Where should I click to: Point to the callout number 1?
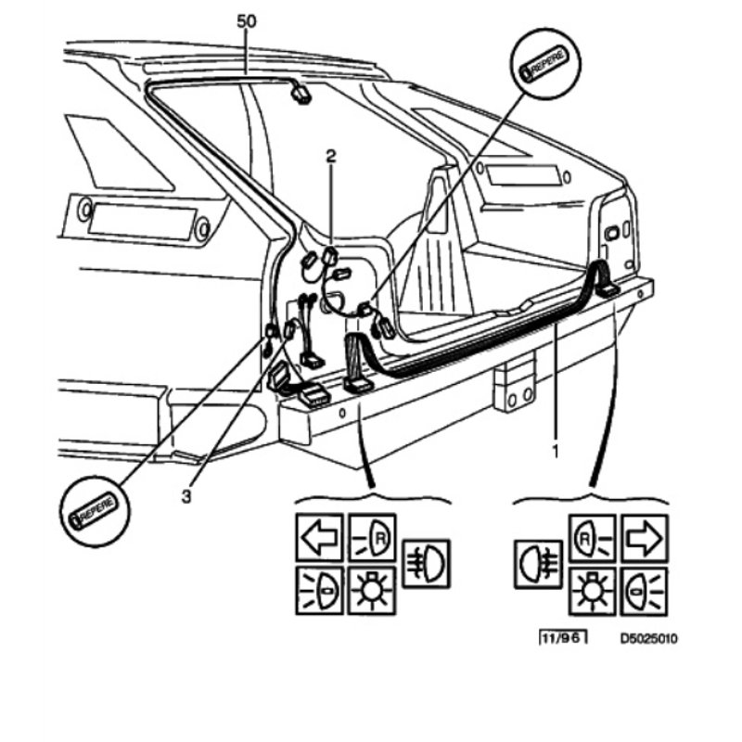pos(556,453)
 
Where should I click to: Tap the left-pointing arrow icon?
pos(319,536)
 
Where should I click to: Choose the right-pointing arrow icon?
pos(644,537)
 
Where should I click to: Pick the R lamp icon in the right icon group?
pos(592,537)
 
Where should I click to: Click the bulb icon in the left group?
pos(372,588)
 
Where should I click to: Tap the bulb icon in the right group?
pos(591,588)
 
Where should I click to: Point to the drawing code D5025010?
pos(650,639)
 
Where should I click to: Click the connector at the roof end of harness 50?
pos(301,91)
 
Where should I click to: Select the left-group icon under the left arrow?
pos(319,588)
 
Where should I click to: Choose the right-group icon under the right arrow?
pos(644,588)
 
